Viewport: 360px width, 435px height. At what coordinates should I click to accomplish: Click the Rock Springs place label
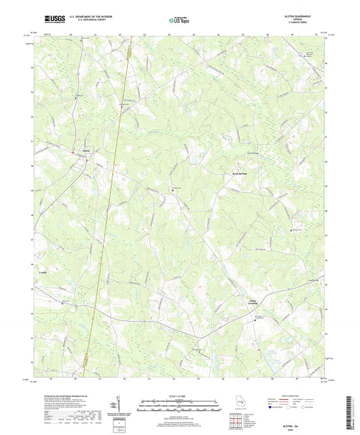click(x=232, y=173)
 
